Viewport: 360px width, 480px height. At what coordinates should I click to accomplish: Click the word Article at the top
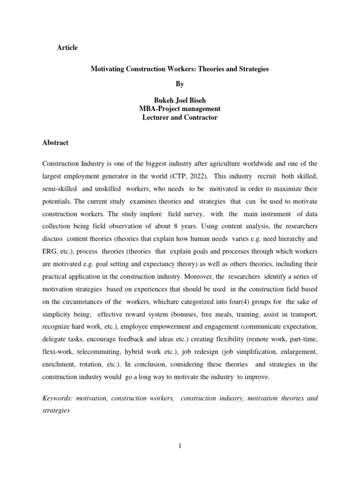click(x=67, y=48)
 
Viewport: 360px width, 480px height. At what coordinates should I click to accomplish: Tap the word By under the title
click(x=180, y=84)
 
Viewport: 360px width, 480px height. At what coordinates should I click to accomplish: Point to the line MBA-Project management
click(x=180, y=109)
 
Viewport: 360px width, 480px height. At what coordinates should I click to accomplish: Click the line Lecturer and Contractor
click(x=180, y=118)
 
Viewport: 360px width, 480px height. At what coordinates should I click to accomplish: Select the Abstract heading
click(x=55, y=142)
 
